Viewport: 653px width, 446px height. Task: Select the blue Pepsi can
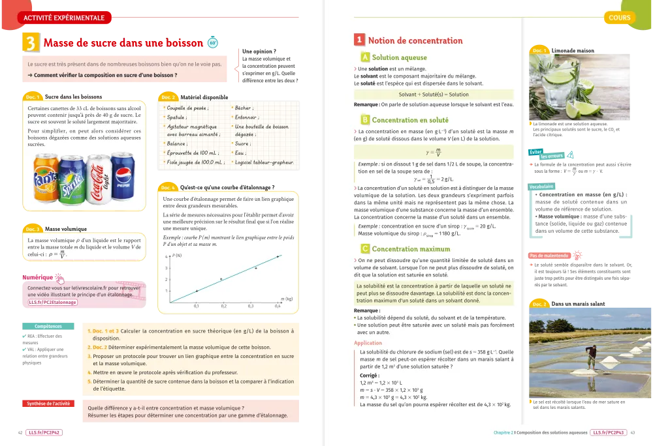point(122,174)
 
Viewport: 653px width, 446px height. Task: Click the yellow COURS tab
point(619,18)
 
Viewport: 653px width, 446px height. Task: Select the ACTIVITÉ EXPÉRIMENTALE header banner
point(63,18)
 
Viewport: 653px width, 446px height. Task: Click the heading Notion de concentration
point(416,40)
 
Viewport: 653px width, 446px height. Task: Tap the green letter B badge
point(365,120)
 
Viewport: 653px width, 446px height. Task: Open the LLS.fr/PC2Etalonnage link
point(52,302)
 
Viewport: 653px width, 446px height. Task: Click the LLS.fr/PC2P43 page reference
point(608,432)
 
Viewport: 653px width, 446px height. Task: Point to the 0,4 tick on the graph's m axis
point(277,305)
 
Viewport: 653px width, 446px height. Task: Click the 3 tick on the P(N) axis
point(167,268)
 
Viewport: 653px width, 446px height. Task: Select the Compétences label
point(44,326)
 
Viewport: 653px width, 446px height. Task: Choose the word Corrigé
point(369,376)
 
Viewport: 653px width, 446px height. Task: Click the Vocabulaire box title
point(541,185)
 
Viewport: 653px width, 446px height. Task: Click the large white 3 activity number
point(31,43)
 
